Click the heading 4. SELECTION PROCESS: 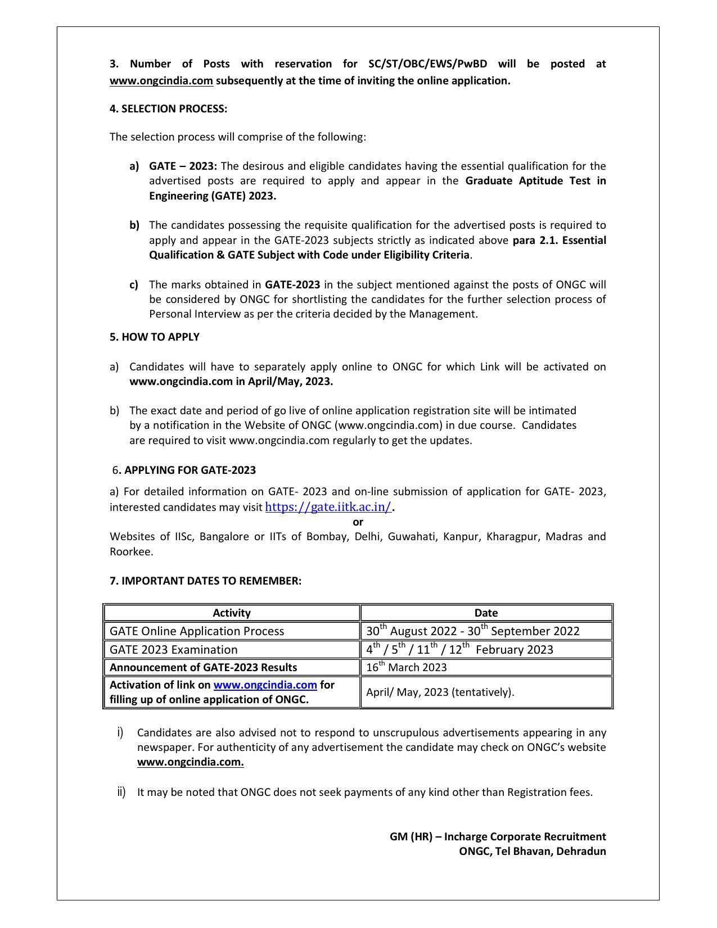point(168,108)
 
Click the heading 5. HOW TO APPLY point(154,337)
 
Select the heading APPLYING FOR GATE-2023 point(190,470)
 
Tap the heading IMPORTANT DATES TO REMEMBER point(211,581)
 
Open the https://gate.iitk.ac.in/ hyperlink point(328,506)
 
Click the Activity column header point(231,613)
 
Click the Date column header point(485,613)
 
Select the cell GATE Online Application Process point(197,631)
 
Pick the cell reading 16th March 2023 point(406,667)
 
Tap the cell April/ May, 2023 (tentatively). point(440,692)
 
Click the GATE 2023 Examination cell point(173,649)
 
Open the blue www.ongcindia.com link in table point(265,685)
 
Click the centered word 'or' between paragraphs point(358,522)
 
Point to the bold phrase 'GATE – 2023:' point(183,166)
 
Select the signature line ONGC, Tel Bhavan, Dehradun point(532,851)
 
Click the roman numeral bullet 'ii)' point(121,792)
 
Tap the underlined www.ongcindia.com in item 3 point(161,80)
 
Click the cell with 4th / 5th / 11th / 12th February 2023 point(459,649)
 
